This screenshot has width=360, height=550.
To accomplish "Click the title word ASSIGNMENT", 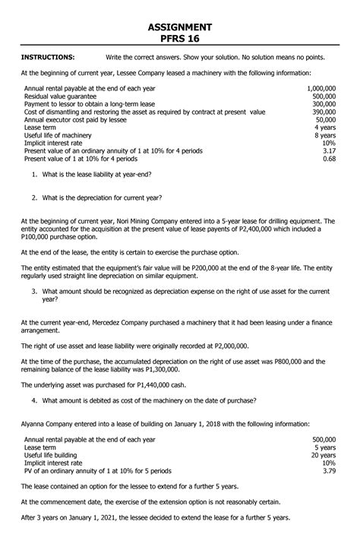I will (x=180, y=27).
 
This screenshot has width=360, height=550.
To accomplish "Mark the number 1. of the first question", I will (x=35, y=176).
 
